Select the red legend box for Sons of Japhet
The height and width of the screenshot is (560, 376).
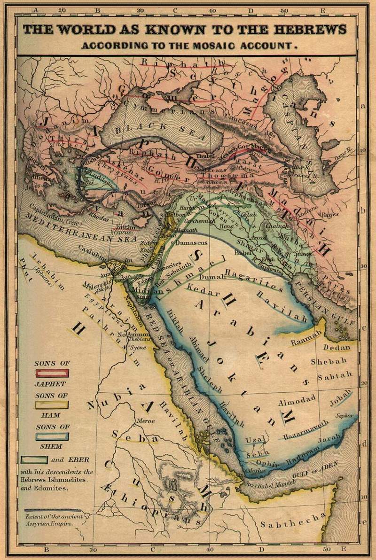(x=52, y=373)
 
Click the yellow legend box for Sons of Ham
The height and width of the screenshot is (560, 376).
(x=52, y=404)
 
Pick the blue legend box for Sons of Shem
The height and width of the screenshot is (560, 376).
(x=52, y=436)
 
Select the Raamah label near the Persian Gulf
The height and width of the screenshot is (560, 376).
(x=306, y=337)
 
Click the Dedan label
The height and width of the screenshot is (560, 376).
(x=337, y=348)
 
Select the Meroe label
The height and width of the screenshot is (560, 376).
(x=145, y=421)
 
